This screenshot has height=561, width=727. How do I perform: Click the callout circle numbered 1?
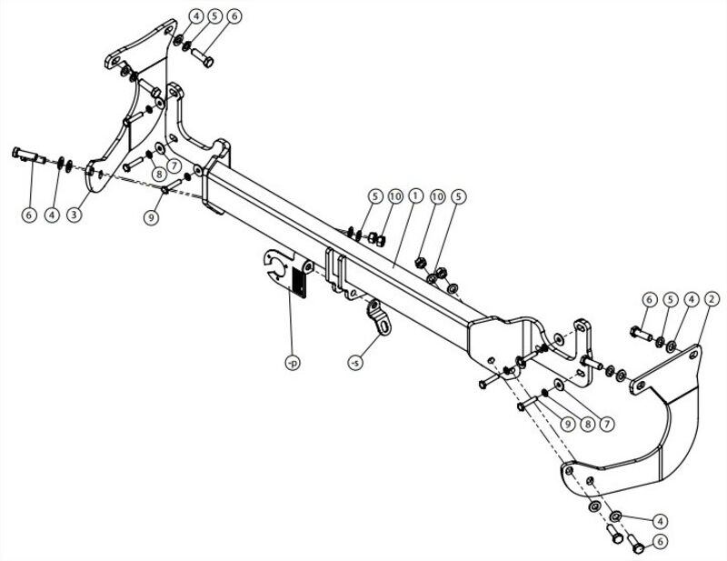tap(415, 195)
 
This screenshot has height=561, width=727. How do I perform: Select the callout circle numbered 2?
tap(711, 299)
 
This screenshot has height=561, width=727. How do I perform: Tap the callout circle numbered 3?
tap(75, 215)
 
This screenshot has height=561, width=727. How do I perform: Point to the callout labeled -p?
tap(293, 363)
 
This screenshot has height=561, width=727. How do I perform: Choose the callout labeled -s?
tap(355, 362)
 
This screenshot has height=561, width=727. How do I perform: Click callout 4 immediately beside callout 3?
tap(52, 215)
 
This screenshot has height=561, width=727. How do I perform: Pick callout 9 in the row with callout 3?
tap(152, 216)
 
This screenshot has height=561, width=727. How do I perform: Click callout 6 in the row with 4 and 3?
tap(29, 215)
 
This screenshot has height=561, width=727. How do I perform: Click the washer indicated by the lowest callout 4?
tap(615, 516)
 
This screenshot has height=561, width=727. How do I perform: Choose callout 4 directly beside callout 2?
tap(691, 299)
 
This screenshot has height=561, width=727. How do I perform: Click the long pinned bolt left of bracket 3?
tap(28, 155)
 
